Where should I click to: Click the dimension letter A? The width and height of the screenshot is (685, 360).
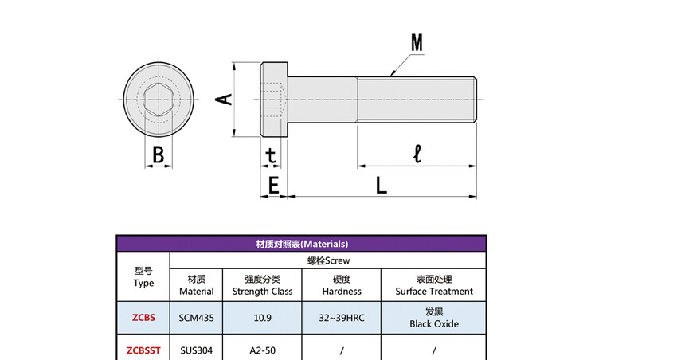[225, 99]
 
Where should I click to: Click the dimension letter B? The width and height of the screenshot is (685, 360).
[159, 155]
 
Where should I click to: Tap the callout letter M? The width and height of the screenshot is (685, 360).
[417, 43]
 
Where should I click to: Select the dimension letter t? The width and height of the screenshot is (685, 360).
[272, 154]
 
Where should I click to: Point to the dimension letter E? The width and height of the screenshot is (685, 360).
[273, 186]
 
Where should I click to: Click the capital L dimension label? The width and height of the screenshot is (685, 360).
[381, 186]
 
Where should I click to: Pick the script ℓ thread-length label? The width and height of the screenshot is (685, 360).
[417, 153]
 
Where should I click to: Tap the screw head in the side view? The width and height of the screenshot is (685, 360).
[272, 99]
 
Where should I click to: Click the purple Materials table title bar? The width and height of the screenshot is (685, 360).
[301, 244]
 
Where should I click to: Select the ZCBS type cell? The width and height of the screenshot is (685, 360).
[143, 317]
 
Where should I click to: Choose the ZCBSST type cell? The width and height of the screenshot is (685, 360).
[143, 350]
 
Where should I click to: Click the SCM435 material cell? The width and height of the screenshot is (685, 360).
[196, 317]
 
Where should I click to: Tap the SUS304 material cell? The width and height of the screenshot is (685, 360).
[196, 350]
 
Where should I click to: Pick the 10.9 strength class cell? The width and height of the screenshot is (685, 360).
[262, 317]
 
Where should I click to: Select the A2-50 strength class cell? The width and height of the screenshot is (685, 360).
[262, 350]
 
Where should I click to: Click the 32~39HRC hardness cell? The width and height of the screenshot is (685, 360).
[342, 317]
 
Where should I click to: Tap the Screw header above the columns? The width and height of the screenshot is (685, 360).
[328, 260]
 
